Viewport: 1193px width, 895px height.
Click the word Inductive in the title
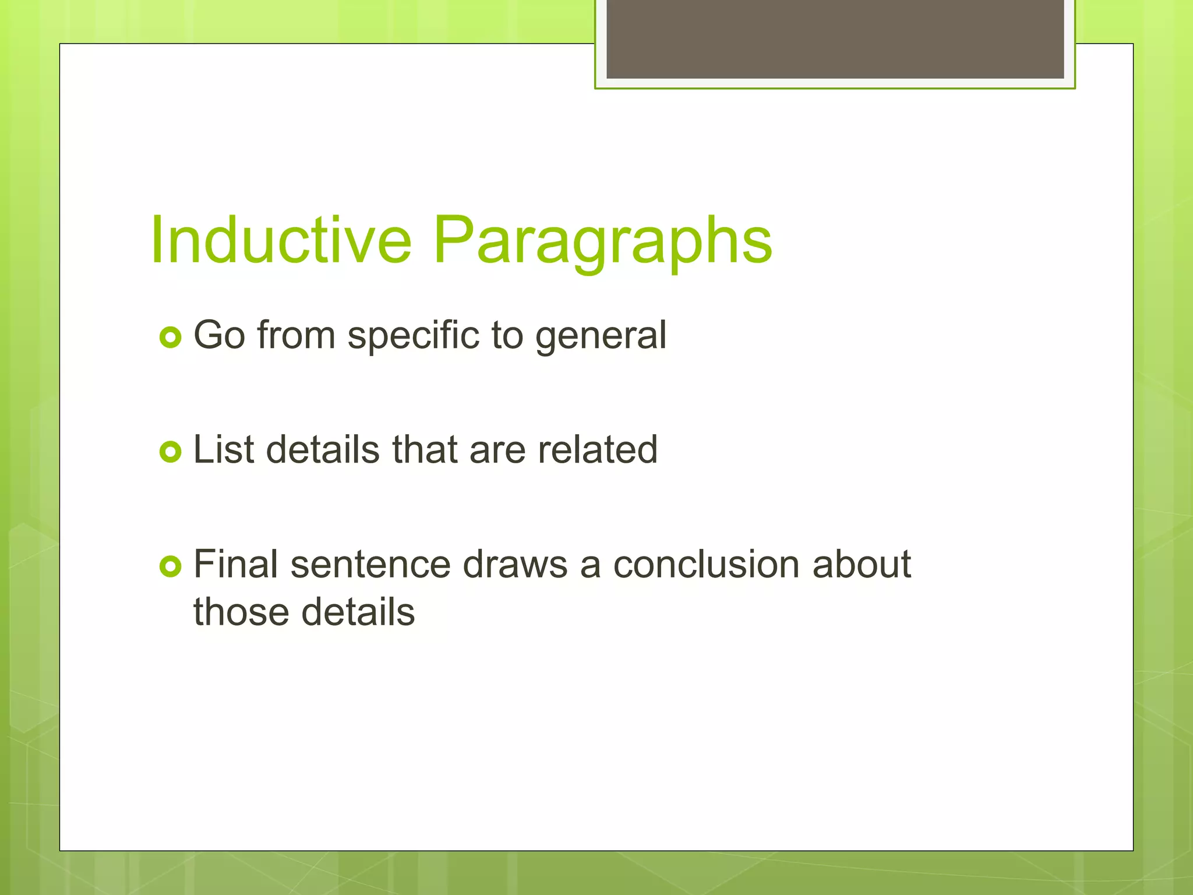[281, 240]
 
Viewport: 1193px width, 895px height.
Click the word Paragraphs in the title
[602, 240]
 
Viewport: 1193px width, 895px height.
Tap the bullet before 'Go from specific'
[170, 337]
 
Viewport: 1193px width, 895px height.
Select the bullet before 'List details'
[170, 452]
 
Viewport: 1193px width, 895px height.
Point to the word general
[601, 336]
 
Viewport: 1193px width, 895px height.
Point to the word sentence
[370, 565]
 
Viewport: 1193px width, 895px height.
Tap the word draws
[515, 565]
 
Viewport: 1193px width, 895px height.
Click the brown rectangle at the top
[835, 38]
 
